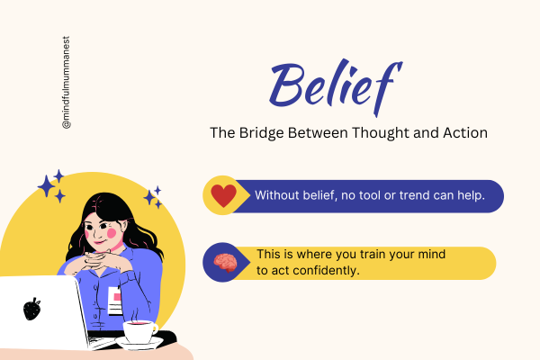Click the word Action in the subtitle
click(x=464, y=133)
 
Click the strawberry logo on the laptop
click(x=31, y=309)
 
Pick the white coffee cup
click(x=139, y=330)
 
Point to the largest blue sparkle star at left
click(x=47, y=185)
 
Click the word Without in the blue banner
click(x=278, y=195)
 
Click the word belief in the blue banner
click(x=322, y=195)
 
